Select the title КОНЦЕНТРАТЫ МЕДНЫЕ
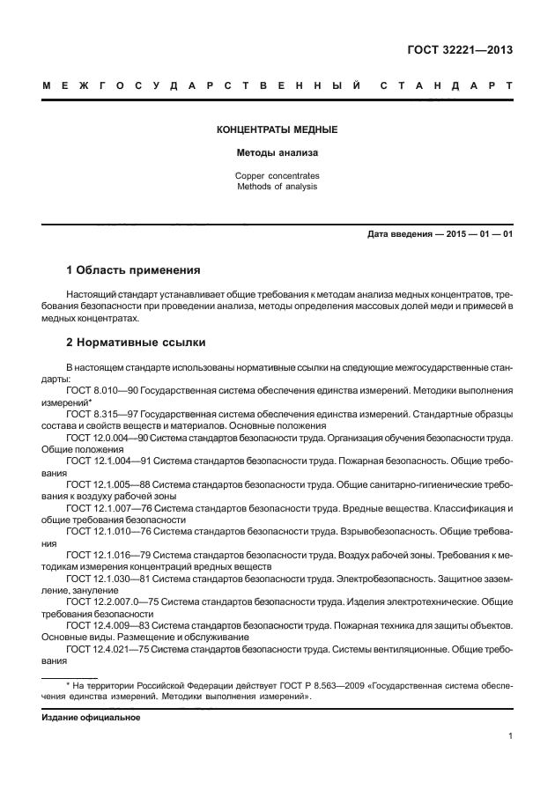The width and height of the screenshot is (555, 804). pyautogui.click(x=277, y=130)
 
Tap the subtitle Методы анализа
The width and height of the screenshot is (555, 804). pyautogui.click(x=277, y=153)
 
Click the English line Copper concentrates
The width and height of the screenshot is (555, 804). pyautogui.click(x=277, y=175)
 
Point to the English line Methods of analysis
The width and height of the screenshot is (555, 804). pyautogui.click(x=277, y=187)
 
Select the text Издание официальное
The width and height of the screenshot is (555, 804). pyautogui.click(x=92, y=717)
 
